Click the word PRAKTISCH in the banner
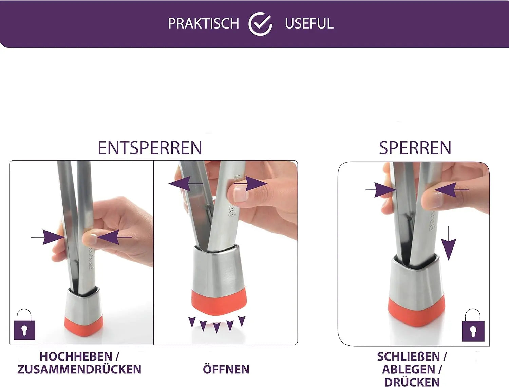(x=203, y=23)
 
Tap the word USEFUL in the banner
(x=309, y=23)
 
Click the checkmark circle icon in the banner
(x=260, y=24)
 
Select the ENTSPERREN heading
(x=150, y=148)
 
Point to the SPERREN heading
(x=415, y=148)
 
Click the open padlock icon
(x=24, y=324)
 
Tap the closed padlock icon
(x=473, y=325)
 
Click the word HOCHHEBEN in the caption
(x=76, y=357)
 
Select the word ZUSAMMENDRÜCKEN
(x=79, y=369)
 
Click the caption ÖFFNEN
(x=226, y=369)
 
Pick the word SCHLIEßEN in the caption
(x=409, y=357)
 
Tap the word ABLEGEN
(x=409, y=370)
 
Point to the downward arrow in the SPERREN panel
(x=449, y=243)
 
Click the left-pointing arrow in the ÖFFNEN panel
(x=186, y=184)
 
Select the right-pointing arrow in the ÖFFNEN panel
(x=251, y=184)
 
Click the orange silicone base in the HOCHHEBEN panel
(x=84, y=326)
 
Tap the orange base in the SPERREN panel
(x=416, y=311)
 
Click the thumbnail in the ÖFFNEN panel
(x=241, y=194)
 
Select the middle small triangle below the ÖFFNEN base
(x=216, y=328)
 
